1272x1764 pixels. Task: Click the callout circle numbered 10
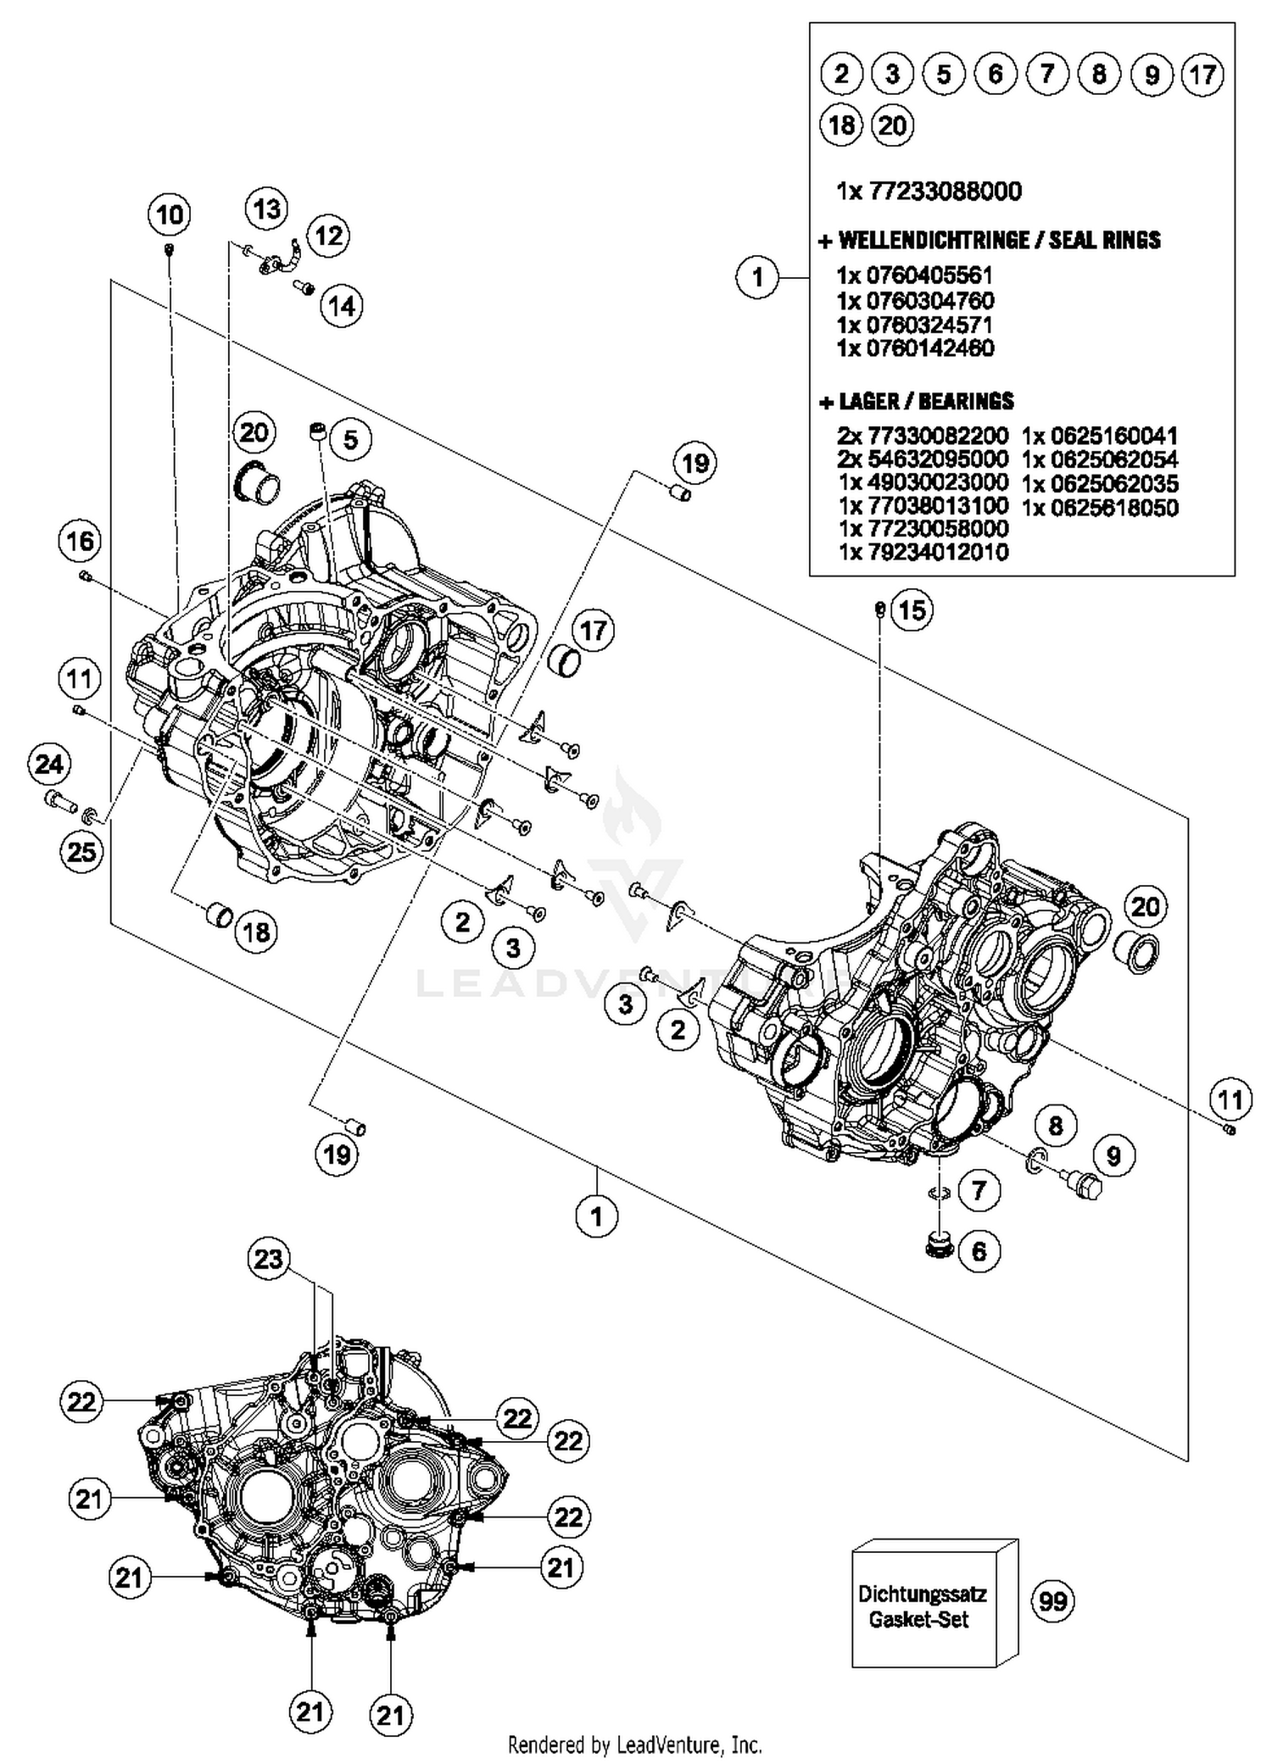170,214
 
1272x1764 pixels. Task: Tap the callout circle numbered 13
267,209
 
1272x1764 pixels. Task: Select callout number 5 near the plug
350,439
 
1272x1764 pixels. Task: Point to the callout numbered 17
593,631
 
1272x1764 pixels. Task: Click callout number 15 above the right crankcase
912,609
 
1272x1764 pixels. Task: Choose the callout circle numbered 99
1053,1601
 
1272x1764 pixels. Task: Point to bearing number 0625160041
1100,437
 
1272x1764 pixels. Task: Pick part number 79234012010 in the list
923,553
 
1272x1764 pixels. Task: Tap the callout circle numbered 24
48,765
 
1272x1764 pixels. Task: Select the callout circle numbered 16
81,541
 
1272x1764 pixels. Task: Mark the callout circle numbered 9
1113,1155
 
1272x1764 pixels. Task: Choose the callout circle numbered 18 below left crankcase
256,932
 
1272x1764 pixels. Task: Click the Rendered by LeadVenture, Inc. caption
634,1745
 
